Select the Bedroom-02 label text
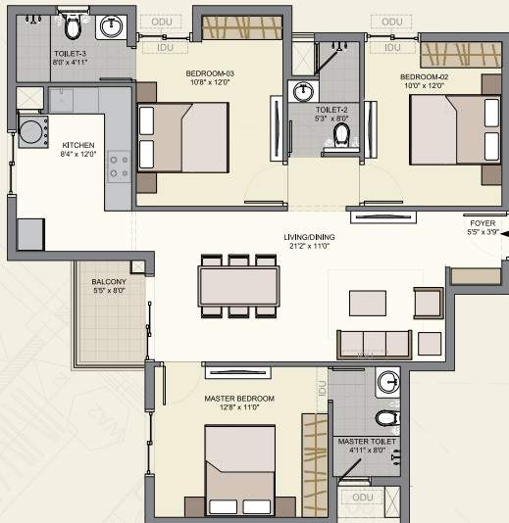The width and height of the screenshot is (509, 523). tap(425, 75)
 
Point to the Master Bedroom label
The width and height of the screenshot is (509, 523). tap(238, 399)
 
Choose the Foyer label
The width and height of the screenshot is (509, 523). tap(483, 223)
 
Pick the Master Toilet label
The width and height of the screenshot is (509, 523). tap(367, 442)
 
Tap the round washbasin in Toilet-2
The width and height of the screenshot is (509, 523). tap(300, 92)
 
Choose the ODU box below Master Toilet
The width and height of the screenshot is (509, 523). tap(363, 498)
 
